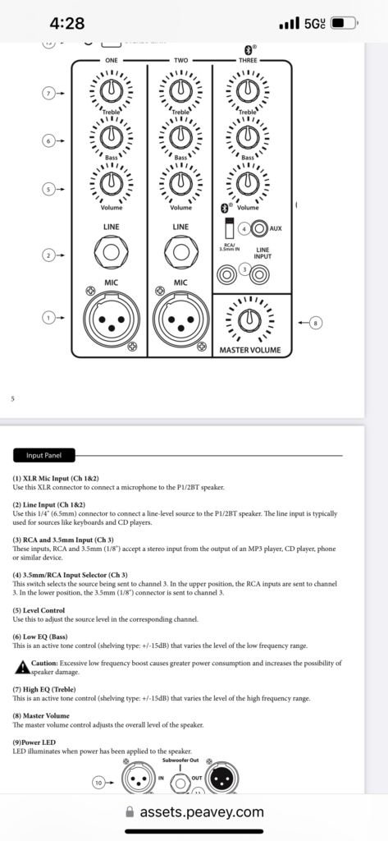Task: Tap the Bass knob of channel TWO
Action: pos(180,137)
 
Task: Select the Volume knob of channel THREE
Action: pos(247,182)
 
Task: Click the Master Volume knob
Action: pos(247,321)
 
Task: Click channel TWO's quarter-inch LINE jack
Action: pos(180,252)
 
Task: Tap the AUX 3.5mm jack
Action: pos(260,228)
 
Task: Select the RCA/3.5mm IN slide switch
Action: pos(229,229)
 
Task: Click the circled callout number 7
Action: pos(48,94)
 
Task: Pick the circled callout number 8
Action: pos(316,323)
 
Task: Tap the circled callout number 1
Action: pos(48,318)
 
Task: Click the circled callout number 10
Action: pos(98,783)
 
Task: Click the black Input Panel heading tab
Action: pos(44,455)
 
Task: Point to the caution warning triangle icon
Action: pos(22,667)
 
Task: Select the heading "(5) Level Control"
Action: pos(39,610)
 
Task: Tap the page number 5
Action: pos(12,398)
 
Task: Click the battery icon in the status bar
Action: pos(345,23)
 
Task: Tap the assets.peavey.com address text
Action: pos(202,812)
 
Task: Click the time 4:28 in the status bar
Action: pos(67,23)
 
